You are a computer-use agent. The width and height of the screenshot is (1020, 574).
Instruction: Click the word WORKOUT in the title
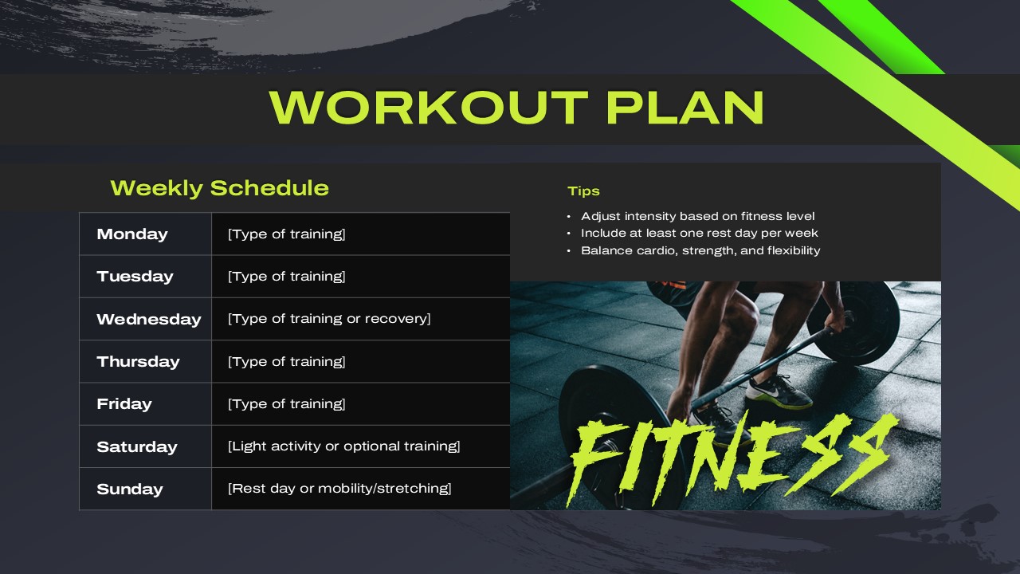(429, 108)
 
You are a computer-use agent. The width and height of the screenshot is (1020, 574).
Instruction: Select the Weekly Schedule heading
(219, 188)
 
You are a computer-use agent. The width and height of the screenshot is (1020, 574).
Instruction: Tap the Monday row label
(132, 234)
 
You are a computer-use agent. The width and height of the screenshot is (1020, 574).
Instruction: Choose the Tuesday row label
(135, 277)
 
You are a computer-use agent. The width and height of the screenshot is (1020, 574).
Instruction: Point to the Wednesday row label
(148, 319)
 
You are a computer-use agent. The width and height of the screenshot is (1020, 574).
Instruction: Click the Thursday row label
(138, 362)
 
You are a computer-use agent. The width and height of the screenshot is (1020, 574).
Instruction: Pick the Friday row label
(124, 404)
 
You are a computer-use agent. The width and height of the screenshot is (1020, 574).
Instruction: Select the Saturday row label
(136, 446)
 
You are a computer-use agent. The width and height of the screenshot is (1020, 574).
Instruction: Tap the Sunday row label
(129, 489)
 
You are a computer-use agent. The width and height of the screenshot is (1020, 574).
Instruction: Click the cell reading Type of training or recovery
(329, 319)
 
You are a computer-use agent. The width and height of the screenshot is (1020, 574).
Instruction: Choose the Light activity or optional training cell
(344, 446)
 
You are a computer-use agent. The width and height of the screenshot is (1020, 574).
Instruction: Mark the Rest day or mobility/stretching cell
(339, 489)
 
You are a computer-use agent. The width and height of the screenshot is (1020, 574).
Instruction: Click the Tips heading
(583, 191)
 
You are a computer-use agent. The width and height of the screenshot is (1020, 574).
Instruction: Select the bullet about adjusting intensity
(697, 216)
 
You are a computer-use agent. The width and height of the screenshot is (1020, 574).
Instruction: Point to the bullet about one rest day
(699, 234)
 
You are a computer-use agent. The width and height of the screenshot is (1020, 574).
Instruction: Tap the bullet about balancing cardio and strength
(700, 250)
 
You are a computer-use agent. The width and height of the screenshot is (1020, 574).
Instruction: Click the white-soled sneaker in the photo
(779, 393)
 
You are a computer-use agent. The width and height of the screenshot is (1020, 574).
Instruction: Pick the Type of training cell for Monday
(286, 234)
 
